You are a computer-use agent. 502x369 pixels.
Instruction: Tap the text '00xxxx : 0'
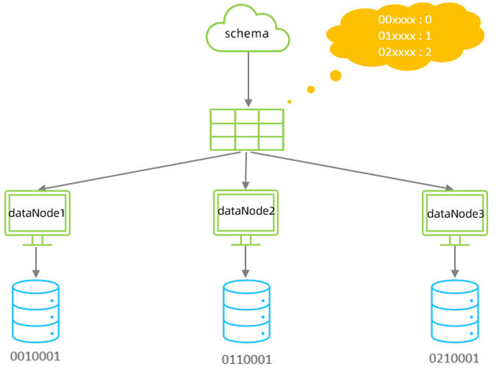pyautogui.click(x=406, y=19)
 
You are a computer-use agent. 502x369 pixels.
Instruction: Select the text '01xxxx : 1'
pyautogui.click(x=406, y=36)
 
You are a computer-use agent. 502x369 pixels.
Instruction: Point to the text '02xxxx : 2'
pyautogui.click(x=406, y=52)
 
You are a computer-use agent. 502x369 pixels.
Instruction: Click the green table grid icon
pyautogui.click(x=247, y=129)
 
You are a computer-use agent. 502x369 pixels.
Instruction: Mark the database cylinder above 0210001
pyautogui.click(x=454, y=310)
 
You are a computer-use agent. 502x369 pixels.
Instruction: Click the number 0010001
pyautogui.click(x=35, y=357)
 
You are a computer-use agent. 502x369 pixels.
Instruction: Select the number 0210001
pyautogui.click(x=454, y=358)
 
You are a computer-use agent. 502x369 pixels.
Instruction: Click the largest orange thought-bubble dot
pyautogui.click(x=336, y=75)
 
